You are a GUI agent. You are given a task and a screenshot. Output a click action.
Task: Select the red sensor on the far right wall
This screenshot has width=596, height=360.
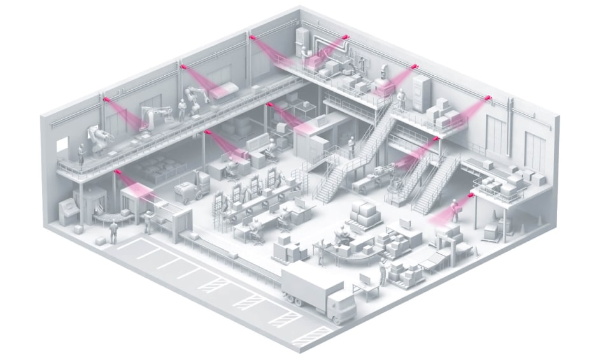(489, 97)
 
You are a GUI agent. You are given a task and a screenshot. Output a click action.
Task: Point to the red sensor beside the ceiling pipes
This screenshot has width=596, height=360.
(346, 38)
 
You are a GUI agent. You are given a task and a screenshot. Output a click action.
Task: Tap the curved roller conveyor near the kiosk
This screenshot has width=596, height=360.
(108, 217)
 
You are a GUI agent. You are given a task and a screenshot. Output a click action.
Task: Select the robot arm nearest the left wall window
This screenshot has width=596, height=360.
(97, 139)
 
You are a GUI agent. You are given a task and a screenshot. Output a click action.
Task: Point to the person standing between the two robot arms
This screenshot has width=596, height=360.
(180, 110)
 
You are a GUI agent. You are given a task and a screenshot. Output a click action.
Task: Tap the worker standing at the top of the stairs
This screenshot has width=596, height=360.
(401, 99)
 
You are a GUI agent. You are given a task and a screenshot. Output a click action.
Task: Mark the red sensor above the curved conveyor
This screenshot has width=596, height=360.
(116, 171)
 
